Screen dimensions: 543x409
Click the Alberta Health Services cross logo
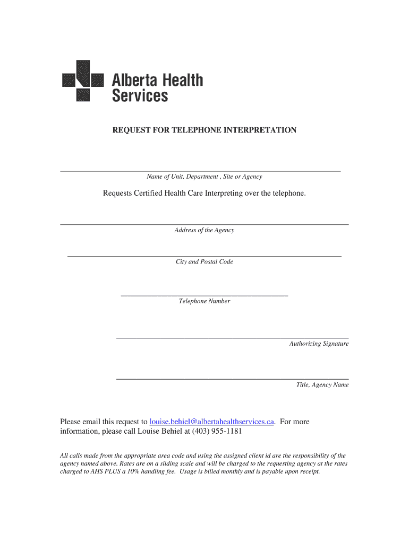pos(82,80)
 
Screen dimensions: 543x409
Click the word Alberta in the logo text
pos(133,81)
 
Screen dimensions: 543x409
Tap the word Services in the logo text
pos(140,95)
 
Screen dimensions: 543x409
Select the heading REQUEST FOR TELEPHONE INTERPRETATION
pos(204,130)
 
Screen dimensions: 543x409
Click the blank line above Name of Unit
pos(200,171)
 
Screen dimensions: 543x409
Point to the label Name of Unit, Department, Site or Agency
pos(204,177)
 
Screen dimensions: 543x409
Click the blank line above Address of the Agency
pos(204,224)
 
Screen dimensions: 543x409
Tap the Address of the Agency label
pos(204,230)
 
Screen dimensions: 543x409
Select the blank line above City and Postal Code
pos(204,256)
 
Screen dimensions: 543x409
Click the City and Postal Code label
pos(204,262)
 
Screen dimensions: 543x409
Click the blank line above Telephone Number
pos(204,295)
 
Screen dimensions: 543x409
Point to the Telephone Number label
pos(204,301)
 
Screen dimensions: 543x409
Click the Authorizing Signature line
pos(232,337)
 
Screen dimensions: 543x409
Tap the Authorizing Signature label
pos(319,344)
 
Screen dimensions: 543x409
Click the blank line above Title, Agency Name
pos(232,379)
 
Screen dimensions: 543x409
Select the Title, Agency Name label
pos(322,385)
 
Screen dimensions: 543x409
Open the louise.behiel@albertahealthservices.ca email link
pos(212,422)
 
